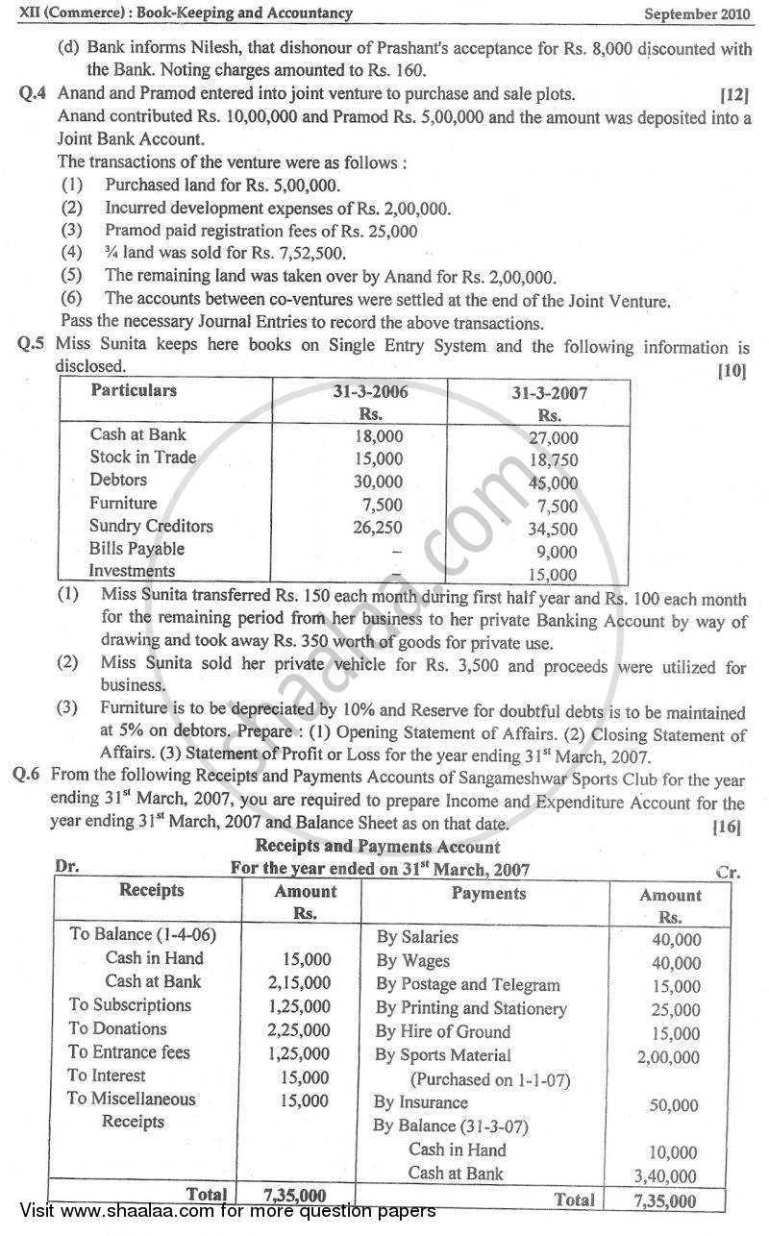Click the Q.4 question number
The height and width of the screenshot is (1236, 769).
point(35,94)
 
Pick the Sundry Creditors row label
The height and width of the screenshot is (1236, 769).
point(151,526)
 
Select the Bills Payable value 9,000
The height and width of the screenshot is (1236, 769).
point(558,552)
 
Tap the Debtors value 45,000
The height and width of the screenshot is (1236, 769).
point(553,483)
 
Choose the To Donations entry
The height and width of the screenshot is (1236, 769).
point(117,1028)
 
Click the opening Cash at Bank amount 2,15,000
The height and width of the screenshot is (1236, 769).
point(299,982)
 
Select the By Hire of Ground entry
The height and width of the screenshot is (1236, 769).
point(443,1031)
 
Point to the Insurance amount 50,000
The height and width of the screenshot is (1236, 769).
point(674,1105)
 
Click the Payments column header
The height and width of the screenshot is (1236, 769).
point(489,894)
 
